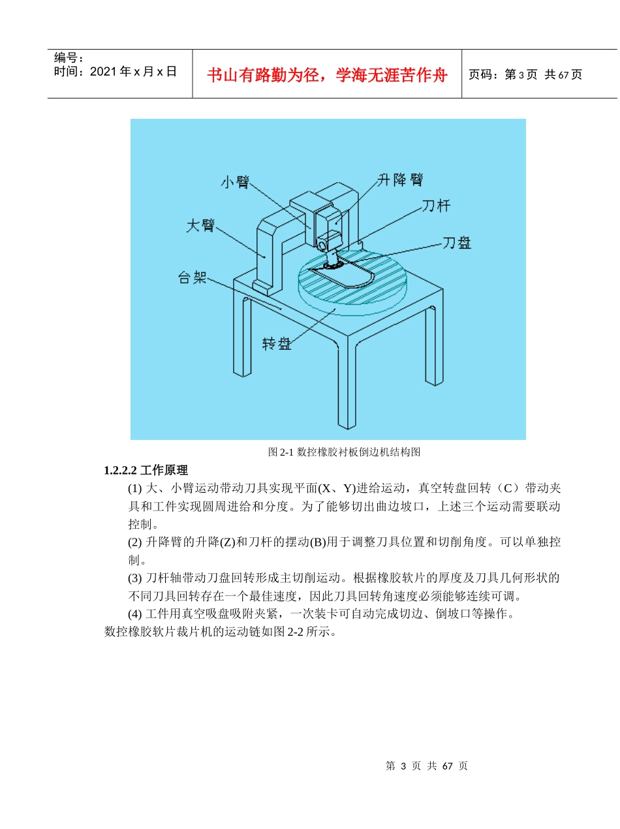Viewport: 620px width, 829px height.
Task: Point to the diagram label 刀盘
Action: pos(457,243)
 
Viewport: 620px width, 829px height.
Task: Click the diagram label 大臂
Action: pos(200,226)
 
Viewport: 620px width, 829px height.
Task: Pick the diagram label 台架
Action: pos(193,277)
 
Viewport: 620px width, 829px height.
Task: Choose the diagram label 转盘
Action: pos(277,343)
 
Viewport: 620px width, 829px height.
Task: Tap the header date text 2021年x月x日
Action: pos(133,72)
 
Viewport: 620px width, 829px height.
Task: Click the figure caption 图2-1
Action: pos(281,452)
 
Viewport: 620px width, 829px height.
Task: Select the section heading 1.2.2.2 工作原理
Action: pos(146,470)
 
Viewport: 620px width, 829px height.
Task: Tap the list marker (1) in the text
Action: pos(134,488)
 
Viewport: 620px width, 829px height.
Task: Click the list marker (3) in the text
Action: pos(134,578)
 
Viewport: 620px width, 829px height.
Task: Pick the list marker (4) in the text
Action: pos(134,614)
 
